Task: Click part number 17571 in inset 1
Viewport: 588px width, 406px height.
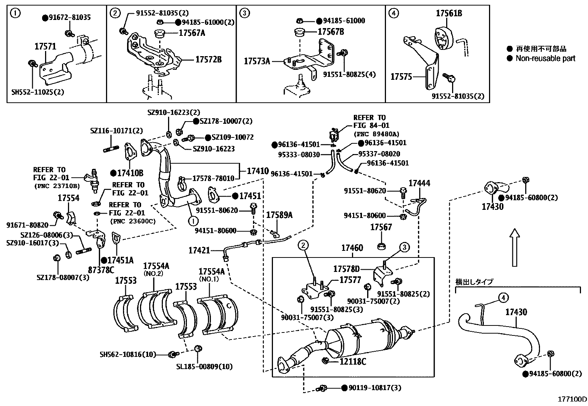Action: coord(45,47)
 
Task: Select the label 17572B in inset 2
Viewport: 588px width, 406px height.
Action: coord(208,59)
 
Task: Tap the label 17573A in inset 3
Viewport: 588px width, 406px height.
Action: coord(257,61)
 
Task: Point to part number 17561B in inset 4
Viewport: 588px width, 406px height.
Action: coord(448,14)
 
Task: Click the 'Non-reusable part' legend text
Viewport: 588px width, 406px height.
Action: coord(545,58)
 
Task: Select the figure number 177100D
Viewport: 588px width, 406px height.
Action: coord(572,399)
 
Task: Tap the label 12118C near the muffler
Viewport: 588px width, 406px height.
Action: coord(352,361)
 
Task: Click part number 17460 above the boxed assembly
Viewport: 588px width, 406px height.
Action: coord(352,248)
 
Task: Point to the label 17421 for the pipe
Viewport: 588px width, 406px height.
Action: coord(199,250)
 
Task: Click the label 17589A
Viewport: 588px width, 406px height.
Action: coord(279,215)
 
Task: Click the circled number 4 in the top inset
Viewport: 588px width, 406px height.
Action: coord(394,13)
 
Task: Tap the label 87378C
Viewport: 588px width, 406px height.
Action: coord(101,270)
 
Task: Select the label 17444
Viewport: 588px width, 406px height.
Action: coord(419,183)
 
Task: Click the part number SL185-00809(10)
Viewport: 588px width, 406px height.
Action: coord(204,367)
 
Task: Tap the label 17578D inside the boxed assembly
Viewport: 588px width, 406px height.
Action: coord(346,269)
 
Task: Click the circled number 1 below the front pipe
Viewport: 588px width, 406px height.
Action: coord(192,221)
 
